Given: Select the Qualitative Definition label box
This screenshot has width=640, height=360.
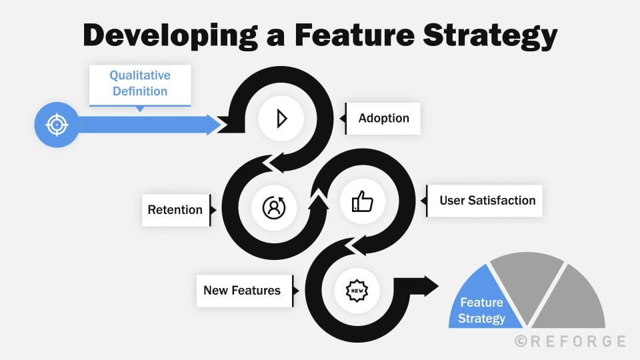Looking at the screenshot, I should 140,85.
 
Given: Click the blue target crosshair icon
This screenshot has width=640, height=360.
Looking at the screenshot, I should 57,125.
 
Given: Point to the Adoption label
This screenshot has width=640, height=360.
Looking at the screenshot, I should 383,119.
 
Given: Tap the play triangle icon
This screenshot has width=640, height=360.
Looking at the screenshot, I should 281,119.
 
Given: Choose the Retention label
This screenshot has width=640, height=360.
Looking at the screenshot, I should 175,210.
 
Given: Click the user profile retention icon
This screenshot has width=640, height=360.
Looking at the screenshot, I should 273,207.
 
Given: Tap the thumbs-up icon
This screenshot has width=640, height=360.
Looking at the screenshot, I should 362,201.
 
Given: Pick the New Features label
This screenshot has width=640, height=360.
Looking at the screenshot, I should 242,290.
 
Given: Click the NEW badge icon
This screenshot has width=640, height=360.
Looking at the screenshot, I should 357,290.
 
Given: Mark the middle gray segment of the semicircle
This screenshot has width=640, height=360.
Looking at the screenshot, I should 527,280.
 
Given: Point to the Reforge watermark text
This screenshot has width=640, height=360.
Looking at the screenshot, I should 577,341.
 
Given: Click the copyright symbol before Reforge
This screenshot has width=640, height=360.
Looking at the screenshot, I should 521,341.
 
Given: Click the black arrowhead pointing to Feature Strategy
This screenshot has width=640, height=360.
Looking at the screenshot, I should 431,286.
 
